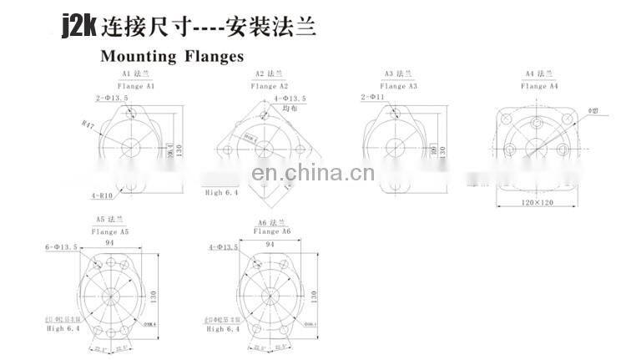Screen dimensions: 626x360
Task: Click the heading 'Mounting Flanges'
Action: (x=172, y=57)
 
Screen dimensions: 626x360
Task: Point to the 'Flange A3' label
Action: (x=398, y=86)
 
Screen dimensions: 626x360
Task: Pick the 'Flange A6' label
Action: (x=273, y=231)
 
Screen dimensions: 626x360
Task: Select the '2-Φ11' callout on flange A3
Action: (x=374, y=98)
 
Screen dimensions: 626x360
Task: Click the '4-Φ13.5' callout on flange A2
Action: (x=290, y=99)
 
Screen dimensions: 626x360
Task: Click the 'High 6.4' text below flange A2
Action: (x=222, y=192)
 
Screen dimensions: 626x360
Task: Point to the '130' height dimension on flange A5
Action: (x=154, y=296)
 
